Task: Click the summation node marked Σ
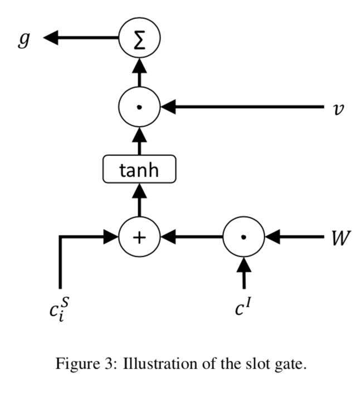point(139,38)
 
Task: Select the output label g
point(23,39)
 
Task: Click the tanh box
point(139,170)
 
